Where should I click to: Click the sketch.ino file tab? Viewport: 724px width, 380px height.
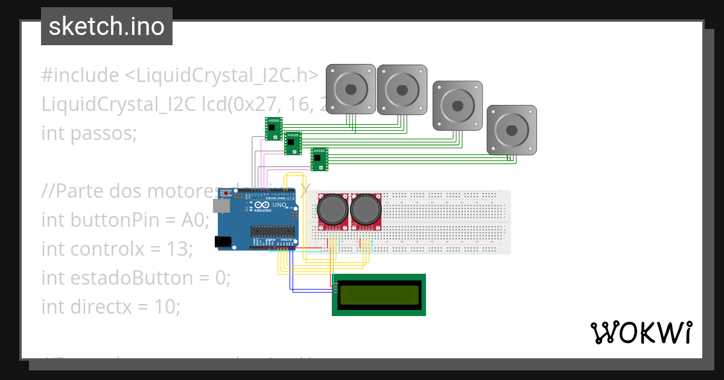(x=107, y=27)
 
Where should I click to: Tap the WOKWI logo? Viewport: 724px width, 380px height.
(x=641, y=332)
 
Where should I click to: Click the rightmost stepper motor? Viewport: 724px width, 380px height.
(x=512, y=130)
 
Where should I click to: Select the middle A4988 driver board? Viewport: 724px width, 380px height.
(x=293, y=144)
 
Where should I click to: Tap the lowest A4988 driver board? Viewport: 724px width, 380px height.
(x=319, y=159)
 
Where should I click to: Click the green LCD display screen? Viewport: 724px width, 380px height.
(x=379, y=295)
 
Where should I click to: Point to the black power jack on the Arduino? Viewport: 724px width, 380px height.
(x=222, y=242)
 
